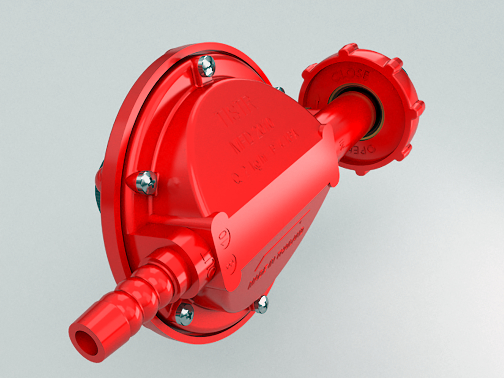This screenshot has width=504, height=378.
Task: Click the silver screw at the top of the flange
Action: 206,66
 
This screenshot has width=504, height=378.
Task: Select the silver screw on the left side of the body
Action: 146,183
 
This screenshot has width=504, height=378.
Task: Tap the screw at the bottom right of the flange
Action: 261,304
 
